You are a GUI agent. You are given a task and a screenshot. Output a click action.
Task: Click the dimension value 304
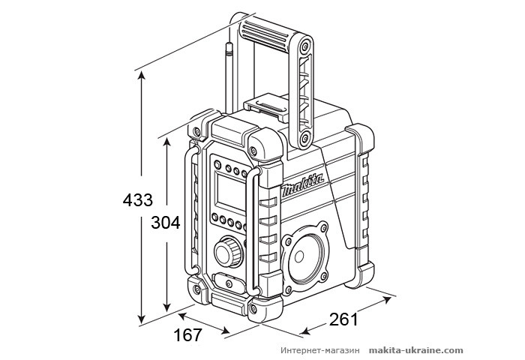pyautogui.click(x=166, y=223)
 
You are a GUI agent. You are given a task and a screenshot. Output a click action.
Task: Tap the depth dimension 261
pyautogui.click(x=343, y=319)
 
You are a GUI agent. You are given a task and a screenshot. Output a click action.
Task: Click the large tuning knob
pyautogui.click(x=226, y=251)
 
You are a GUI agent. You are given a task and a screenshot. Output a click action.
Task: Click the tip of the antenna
pyautogui.click(x=229, y=46)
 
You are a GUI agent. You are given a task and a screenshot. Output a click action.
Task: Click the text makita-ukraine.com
pyautogui.click(x=415, y=350)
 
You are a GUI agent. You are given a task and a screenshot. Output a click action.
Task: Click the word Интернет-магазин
pyautogui.click(x=322, y=350)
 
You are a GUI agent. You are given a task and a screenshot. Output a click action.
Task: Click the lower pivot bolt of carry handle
pyautogui.click(x=304, y=139)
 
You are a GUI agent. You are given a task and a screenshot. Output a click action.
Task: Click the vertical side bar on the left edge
pyautogui.click(x=187, y=217)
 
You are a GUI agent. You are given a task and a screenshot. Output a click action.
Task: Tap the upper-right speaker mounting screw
pyautogui.click(x=323, y=227)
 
